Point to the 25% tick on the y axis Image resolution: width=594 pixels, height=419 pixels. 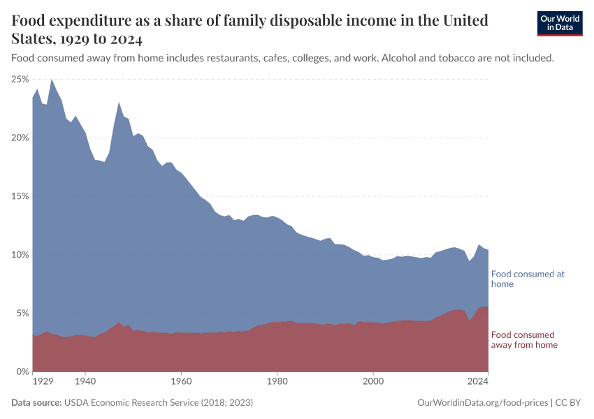pos(20,80)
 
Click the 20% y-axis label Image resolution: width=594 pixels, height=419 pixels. pos(20,138)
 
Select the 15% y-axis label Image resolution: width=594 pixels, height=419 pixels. pos(20,196)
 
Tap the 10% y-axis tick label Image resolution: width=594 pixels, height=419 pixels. pos(20,255)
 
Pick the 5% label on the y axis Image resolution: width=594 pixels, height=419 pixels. pos(22,313)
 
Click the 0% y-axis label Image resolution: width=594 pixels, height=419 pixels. pos(22,372)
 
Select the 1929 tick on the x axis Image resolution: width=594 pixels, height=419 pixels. pos(43,383)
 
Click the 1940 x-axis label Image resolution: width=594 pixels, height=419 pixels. pos(85,383)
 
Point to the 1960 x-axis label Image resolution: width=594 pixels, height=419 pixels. pos(181,383)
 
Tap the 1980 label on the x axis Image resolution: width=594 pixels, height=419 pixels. pos(277,383)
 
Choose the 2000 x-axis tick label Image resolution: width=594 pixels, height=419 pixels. pos(373,383)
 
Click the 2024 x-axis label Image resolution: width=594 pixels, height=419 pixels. pos(478,383)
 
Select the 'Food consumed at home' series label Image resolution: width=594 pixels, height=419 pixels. pos(528,279)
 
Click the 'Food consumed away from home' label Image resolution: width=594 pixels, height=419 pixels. pos(525,339)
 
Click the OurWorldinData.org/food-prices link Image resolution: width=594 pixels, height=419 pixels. pos(481,403)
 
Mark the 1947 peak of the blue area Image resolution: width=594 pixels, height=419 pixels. pos(119,103)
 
